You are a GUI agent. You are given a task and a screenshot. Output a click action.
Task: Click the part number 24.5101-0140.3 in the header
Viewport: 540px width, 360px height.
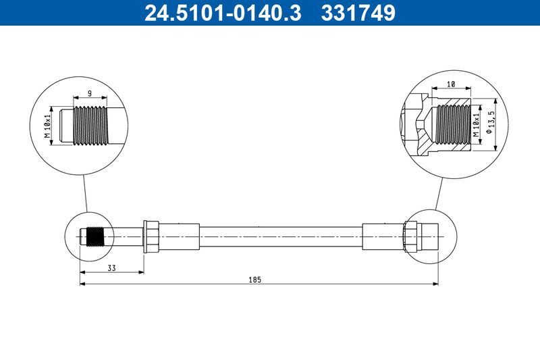(222, 13)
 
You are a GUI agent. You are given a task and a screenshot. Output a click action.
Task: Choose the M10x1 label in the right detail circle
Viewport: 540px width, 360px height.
(476, 124)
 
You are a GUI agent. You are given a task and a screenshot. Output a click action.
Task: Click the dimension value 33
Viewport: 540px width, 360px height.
(111, 269)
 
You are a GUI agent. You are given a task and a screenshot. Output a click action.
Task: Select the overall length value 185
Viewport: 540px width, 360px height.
(255, 278)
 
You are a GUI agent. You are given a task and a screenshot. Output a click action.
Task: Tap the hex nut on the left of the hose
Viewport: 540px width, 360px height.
(151, 236)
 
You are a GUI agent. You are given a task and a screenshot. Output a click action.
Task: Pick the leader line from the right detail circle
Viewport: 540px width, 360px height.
(439, 193)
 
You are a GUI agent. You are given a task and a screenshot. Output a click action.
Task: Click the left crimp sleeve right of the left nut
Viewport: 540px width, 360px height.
(179, 236)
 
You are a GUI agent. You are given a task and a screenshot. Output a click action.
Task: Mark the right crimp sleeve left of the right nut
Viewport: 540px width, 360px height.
(383, 236)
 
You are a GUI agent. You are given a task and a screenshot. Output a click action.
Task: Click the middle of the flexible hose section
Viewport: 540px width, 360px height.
(280, 236)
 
